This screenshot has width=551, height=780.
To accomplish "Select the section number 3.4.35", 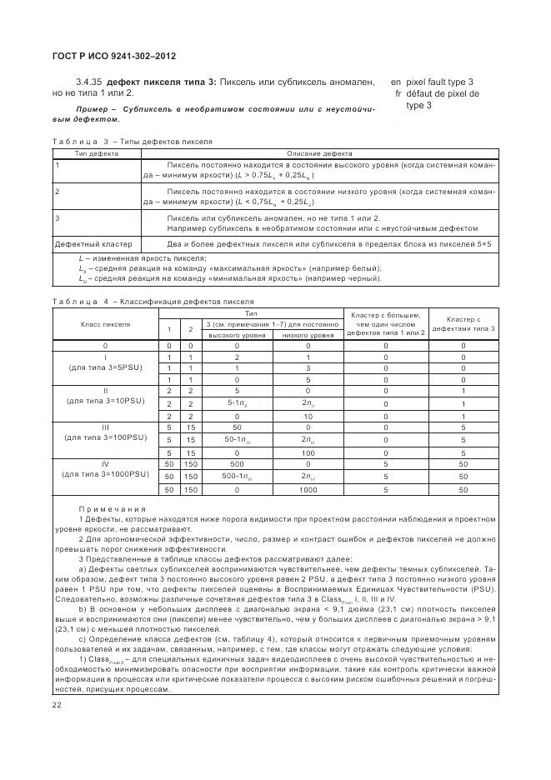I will [x=89, y=82].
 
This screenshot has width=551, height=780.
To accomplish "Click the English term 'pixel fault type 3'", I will [x=439, y=82].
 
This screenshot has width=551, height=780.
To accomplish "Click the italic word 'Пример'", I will [x=94, y=109].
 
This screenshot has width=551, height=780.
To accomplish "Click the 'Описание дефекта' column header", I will [x=319, y=153].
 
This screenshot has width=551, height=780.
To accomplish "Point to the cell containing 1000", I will [x=308, y=490].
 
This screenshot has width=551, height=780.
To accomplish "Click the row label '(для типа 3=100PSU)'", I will [x=105, y=437].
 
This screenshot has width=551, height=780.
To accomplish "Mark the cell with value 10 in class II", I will [x=308, y=415].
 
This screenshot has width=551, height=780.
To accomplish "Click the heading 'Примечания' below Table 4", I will [x=112, y=508].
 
